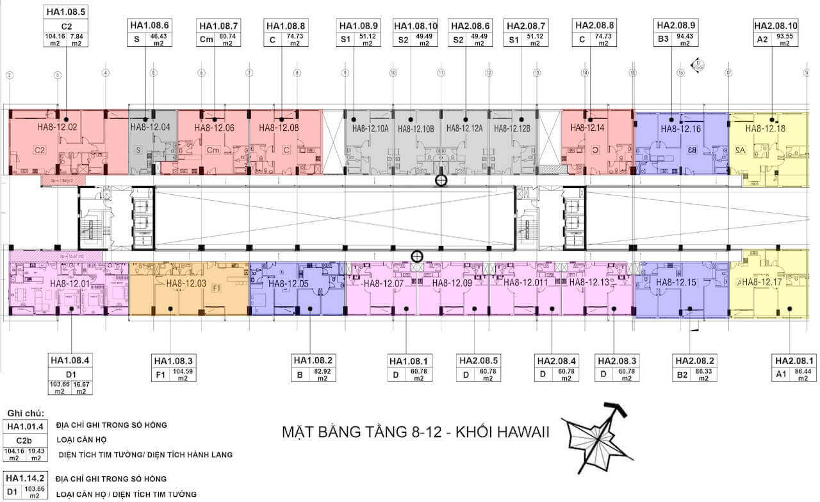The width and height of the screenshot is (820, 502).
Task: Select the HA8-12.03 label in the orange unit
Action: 186,283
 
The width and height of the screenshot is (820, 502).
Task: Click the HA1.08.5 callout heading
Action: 67,12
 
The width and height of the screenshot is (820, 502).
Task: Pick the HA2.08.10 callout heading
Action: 776,26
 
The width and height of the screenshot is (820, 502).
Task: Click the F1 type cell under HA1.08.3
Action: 160,375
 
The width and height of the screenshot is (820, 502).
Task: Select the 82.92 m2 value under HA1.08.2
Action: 324,375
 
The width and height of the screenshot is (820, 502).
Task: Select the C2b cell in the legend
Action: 25,440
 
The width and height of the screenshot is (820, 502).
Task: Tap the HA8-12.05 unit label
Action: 289,283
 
